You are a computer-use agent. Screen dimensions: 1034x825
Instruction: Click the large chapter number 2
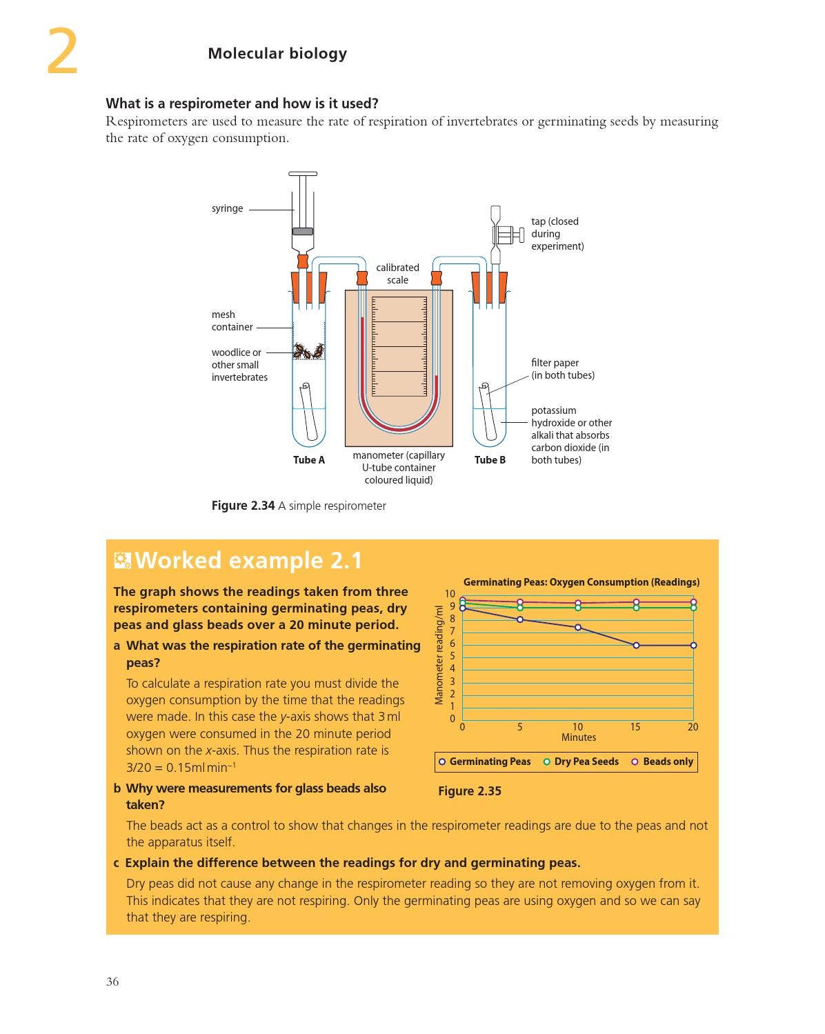pyautogui.click(x=62, y=52)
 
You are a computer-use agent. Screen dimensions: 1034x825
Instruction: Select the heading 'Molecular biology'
pyautogui.click(x=277, y=53)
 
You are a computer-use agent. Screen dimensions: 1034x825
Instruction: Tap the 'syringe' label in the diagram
pyautogui.click(x=227, y=208)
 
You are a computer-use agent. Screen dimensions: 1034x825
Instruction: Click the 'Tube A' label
pyautogui.click(x=308, y=460)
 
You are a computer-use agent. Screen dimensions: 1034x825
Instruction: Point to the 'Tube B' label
pyautogui.click(x=490, y=460)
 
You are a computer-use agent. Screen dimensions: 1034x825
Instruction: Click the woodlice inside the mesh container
pyautogui.click(x=308, y=351)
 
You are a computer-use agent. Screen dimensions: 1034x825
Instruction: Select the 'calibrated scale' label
pyautogui.click(x=397, y=274)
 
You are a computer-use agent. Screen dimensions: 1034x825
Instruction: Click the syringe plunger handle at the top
pyautogui.click(x=303, y=174)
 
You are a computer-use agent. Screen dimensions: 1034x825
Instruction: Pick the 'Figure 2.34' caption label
pyautogui.click(x=243, y=506)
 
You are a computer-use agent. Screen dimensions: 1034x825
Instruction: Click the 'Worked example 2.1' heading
pyautogui.click(x=248, y=560)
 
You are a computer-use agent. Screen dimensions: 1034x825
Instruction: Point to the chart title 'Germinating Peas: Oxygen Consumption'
pyautogui.click(x=581, y=582)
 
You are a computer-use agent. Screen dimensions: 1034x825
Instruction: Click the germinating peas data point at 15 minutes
pyautogui.click(x=636, y=646)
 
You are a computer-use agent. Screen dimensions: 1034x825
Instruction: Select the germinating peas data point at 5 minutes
pyautogui.click(x=520, y=619)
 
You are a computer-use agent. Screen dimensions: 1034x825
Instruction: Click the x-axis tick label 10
pyautogui.click(x=577, y=727)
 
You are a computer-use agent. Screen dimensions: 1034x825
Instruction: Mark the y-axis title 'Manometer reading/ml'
pyautogui.click(x=439, y=655)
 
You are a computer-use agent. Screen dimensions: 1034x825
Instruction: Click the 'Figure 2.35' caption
pyautogui.click(x=470, y=791)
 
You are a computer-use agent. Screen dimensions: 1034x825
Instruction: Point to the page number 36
pyautogui.click(x=112, y=982)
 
